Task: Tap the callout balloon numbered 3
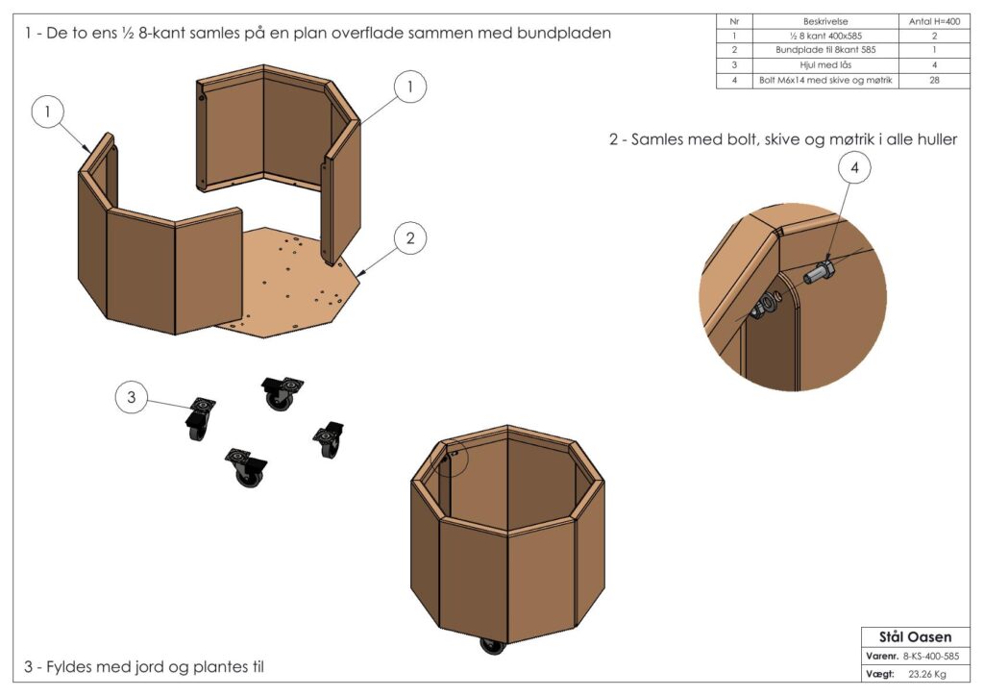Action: click(x=133, y=396)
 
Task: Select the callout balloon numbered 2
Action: click(x=410, y=237)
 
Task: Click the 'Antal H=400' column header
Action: click(x=933, y=20)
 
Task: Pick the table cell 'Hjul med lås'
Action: click(x=825, y=65)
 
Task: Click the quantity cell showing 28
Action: click(x=933, y=81)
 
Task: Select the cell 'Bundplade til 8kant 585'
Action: click(x=825, y=50)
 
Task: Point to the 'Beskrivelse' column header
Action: click(x=825, y=20)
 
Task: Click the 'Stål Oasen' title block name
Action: click(x=915, y=636)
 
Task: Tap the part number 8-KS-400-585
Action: click(x=931, y=656)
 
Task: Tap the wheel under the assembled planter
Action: click(x=492, y=646)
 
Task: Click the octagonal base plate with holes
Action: click(x=288, y=288)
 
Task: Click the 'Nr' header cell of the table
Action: click(x=734, y=20)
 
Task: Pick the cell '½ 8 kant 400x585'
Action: click(x=825, y=36)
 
